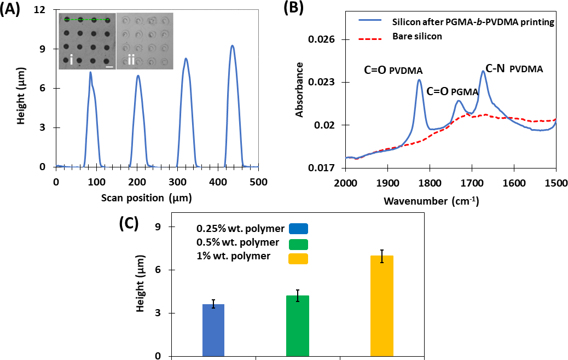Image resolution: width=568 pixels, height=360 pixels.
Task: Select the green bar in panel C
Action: (298, 326)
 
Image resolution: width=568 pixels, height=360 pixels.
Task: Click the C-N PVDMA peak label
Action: (511, 69)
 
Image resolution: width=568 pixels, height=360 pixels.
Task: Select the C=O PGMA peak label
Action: (452, 92)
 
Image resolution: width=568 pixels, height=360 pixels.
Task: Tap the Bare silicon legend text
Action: (416, 36)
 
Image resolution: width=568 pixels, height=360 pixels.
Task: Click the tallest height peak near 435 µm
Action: (233, 46)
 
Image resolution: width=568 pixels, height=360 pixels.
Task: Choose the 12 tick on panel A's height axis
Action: (47, 10)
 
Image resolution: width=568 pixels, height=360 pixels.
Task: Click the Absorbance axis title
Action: (299, 90)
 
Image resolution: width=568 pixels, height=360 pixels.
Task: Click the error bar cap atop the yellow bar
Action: (382, 250)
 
